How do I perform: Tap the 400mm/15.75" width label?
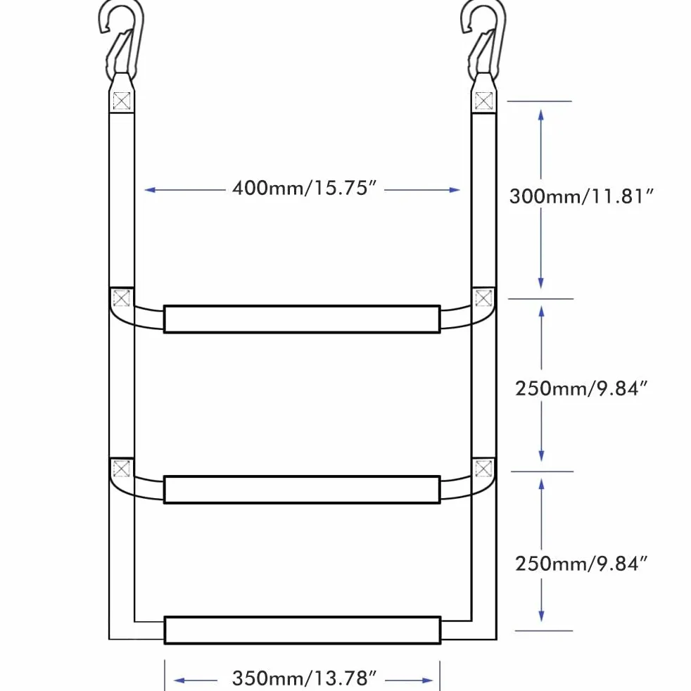pyautogui.click(x=304, y=188)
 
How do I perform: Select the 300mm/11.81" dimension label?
pyautogui.click(x=581, y=196)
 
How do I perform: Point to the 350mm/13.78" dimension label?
pyautogui.click(x=304, y=678)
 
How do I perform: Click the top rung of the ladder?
pyautogui.click(x=303, y=319)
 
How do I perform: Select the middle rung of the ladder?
pyautogui.click(x=303, y=490)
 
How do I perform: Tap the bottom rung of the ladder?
pyautogui.click(x=303, y=630)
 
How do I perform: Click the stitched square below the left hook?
pyautogui.click(x=122, y=101)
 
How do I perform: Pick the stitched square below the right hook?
pyautogui.click(x=484, y=101)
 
